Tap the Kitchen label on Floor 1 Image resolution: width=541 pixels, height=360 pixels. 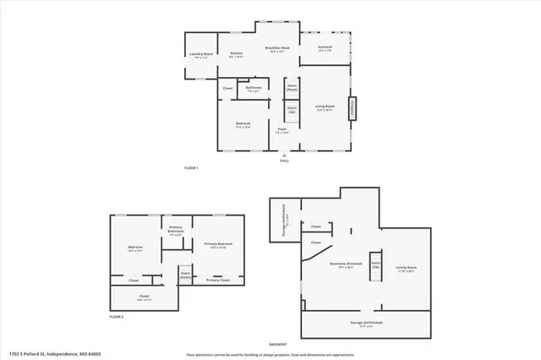point(237,54)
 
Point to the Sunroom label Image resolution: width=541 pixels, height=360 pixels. point(325,47)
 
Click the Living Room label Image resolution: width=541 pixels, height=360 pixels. point(326,106)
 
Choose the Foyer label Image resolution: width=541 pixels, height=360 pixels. point(283,130)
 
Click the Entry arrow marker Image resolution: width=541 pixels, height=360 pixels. point(285,155)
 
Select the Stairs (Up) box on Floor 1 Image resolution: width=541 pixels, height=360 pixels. point(292,109)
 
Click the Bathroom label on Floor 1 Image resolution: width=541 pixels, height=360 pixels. point(254,88)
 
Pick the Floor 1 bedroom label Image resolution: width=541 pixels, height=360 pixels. point(243,125)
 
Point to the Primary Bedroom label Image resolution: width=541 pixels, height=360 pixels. point(218,245)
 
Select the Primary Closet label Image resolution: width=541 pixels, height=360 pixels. point(217,280)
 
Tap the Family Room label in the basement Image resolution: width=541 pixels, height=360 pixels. point(407,269)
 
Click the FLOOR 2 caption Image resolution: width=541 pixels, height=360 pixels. point(117,316)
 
